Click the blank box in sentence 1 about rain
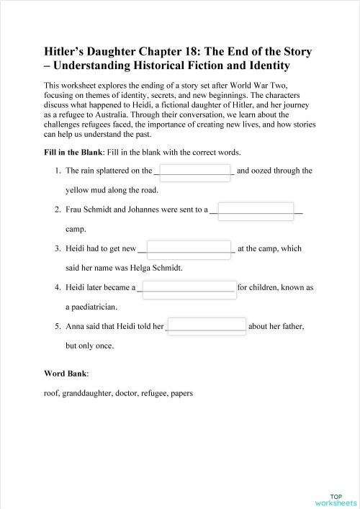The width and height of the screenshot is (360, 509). click(x=194, y=171)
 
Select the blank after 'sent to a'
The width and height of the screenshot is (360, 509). click(x=256, y=210)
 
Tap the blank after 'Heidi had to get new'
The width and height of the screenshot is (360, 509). click(x=189, y=249)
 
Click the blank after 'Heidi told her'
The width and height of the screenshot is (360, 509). click(x=207, y=326)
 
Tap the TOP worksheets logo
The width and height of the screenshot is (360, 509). click(x=336, y=500)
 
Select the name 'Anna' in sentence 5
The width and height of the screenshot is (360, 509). click(x=76, y=326)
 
